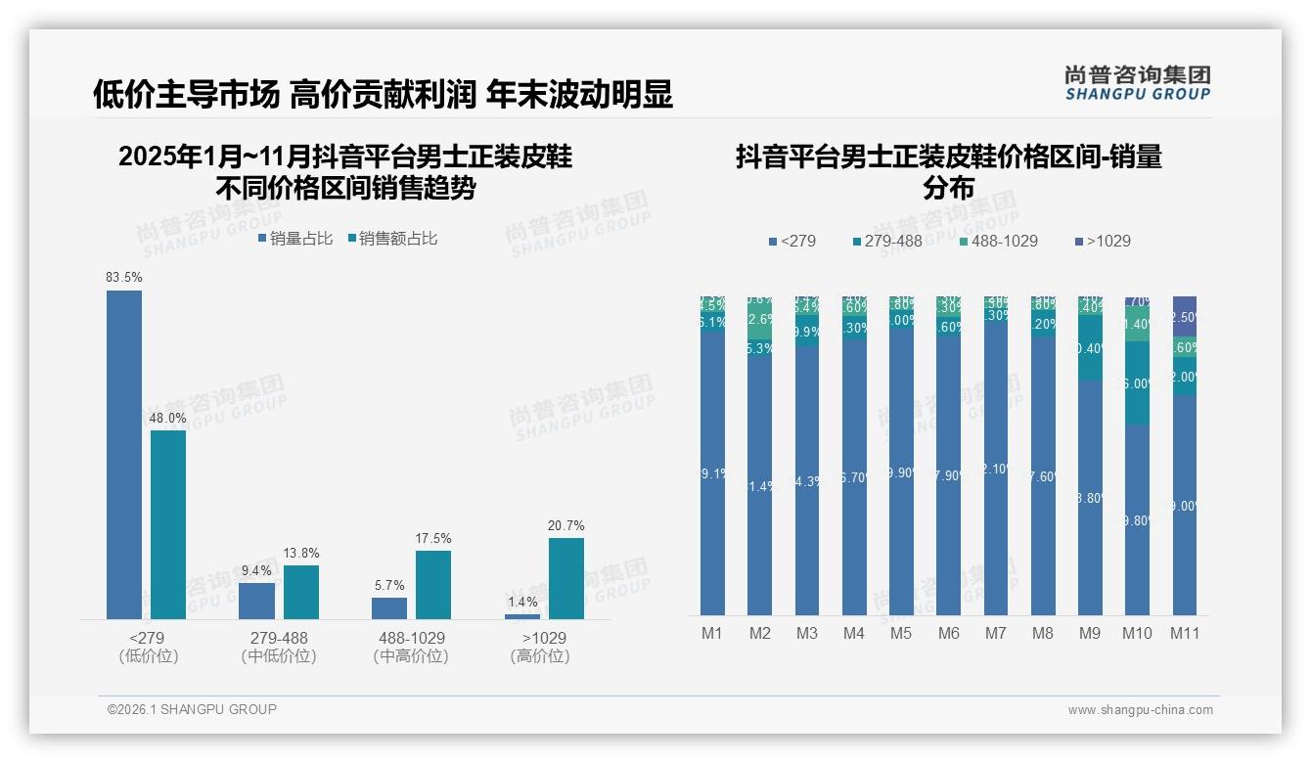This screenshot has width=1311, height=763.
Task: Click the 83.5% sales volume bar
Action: pos(124,455)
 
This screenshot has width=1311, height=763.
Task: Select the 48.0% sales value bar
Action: pos(168,524)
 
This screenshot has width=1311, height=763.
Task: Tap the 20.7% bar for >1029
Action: pos(566,578)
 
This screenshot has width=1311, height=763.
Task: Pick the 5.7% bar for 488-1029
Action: pos(389,608)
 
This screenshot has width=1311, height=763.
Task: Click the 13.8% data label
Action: pos(301,554)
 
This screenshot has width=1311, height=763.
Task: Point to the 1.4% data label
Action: pos(522,603)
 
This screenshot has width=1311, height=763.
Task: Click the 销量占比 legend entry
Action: pos(295,238)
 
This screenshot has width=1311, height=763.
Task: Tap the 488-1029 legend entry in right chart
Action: pos(997,241)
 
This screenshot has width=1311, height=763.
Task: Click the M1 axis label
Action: pos(712,633)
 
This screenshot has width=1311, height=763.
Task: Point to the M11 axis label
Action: pos(1185,633)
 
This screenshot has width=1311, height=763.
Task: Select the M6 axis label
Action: pos(948,633)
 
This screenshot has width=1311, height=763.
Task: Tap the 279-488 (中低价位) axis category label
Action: pos(279,647)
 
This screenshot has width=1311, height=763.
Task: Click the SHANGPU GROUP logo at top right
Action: pos(1137,83)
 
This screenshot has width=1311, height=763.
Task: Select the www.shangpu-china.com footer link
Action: pos(1140,710)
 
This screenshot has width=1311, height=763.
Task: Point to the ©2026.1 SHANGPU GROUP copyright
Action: pos(192,709)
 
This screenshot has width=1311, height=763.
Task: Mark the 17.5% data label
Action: pos(433,539)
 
